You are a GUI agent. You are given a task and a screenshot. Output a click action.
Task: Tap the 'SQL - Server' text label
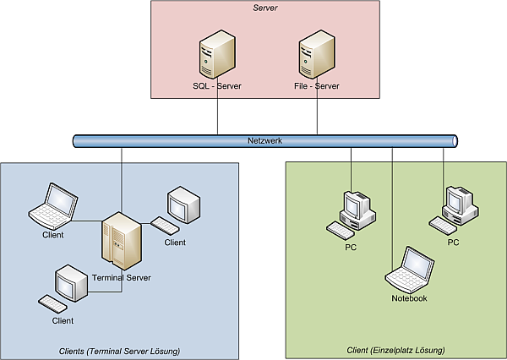216,86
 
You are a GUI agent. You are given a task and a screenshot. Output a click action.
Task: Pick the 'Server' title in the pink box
265,8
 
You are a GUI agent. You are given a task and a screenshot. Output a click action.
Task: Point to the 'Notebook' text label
409,298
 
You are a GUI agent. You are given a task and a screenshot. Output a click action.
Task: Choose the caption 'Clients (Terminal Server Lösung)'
120,351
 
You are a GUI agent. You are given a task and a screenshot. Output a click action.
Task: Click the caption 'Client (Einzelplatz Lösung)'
395,351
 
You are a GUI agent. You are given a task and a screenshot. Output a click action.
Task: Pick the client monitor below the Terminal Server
69,284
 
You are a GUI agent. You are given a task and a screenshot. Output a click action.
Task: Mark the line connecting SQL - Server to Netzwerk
218,114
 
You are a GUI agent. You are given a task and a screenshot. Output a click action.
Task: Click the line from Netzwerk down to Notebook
392,203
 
